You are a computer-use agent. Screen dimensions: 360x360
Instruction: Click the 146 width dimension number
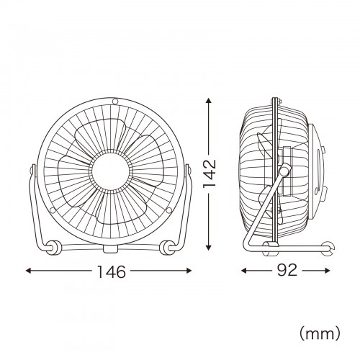(110, 271)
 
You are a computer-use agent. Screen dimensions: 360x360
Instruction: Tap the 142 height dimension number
(210, 175)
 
